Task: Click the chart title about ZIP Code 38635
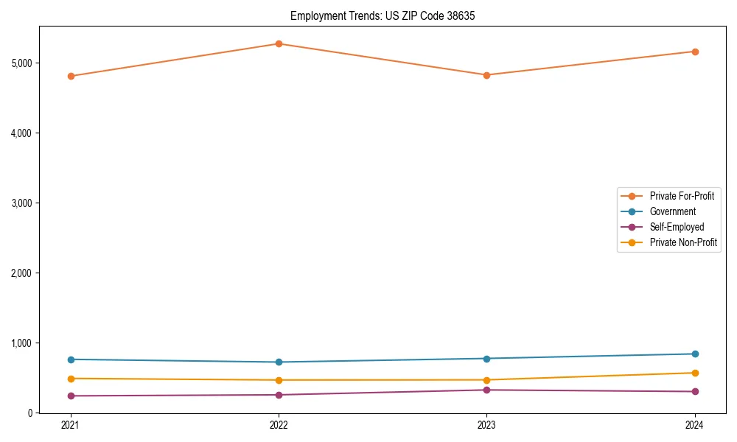click(377, 15)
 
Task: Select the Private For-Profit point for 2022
click(279, 43)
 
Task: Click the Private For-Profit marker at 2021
click(71, 76)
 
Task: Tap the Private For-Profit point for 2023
click(486, 75)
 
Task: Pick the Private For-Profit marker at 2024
click(695, 52)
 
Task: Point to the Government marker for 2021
click(71, 359)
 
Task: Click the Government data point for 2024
click(695, 354)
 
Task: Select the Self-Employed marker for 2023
click(486, 390)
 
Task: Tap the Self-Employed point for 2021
click(71, 396)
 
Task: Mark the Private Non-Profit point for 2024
click(695, 373)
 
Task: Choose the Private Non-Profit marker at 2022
click(279, 380)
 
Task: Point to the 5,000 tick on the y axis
click(22, 63)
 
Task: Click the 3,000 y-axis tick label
click(22, 203)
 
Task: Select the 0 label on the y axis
click(30, 413)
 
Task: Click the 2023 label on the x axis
click(486, 425)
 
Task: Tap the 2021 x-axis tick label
click(71, 425)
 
